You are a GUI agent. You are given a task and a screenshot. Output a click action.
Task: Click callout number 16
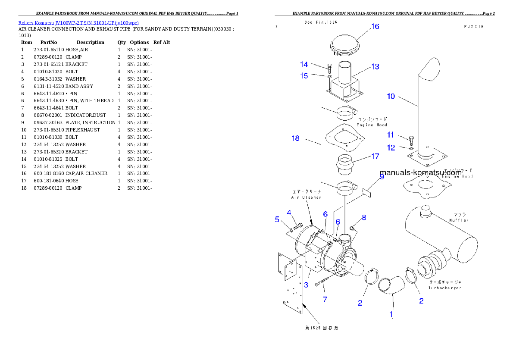point(375,27)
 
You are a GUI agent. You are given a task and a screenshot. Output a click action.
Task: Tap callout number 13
point(375,67)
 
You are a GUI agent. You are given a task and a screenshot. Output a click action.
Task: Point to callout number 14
point(304,65)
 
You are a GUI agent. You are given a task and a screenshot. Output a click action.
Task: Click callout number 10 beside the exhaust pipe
point(391,97)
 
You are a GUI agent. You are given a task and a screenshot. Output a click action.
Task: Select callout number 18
point(295,138)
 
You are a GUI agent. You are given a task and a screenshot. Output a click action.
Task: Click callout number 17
point(375,156)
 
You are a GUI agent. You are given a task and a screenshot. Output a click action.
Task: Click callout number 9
point(382,176)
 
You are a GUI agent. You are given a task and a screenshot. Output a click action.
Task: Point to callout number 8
point(364,218)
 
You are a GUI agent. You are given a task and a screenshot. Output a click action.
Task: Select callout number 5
point(277,219)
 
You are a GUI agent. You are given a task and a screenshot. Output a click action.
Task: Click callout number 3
point(306,285)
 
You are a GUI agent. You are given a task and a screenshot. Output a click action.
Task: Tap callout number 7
point(325,300)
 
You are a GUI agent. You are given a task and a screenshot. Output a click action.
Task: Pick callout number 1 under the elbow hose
point(391,315)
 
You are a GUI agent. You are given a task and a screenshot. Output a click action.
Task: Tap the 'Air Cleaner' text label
point(306,197)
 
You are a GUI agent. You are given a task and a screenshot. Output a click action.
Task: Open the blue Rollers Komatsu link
point(78,23)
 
